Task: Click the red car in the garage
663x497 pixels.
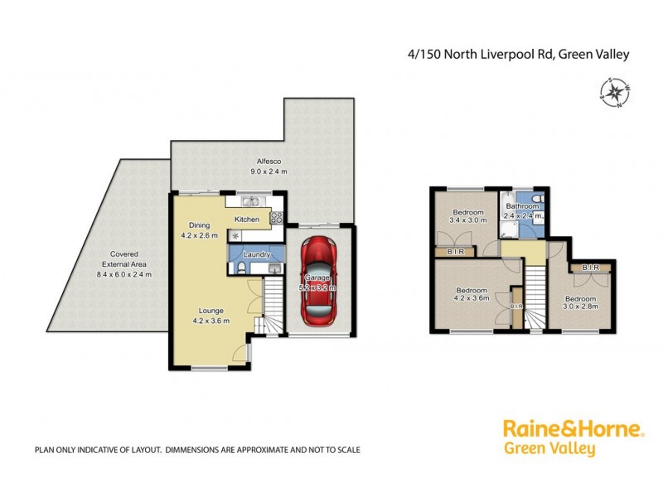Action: pyautogui.click(x=318, y=281)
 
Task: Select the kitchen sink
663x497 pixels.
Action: pyautogui.click(x=250, y=201)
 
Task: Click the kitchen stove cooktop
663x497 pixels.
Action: pyautogui.click(x=276, y=219)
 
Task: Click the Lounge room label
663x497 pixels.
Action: pyautogui.click(x=210, y=316)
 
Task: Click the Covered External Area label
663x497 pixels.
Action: pyautogui.click(x=118, y=263)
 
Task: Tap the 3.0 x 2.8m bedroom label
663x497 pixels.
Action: pyautogui.click(x=581, y=303)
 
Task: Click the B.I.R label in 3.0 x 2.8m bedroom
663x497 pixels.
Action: pyautogui.click(x=591, y=268)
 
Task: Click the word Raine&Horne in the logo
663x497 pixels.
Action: pyautogui.click(x=573, y=430)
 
